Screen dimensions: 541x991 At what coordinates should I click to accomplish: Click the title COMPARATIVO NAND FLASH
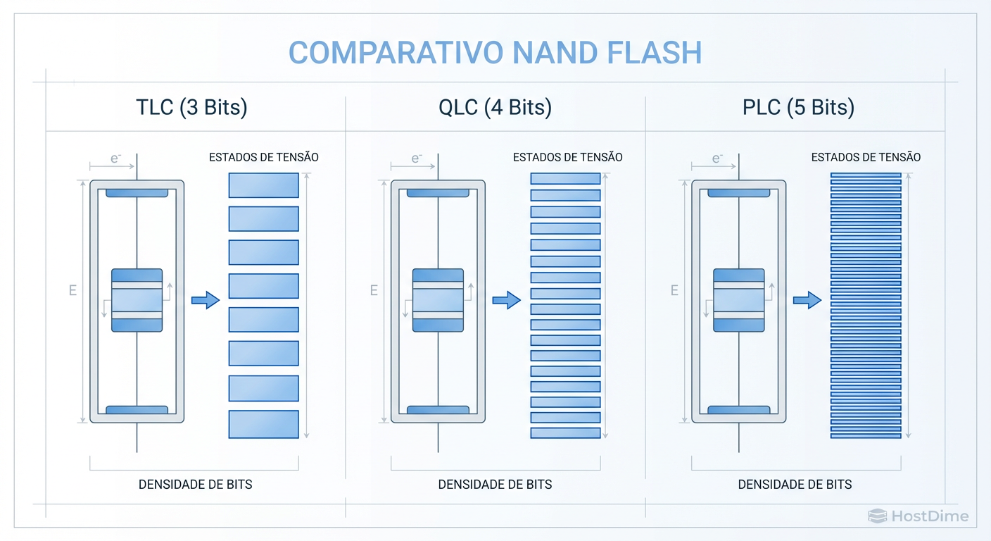(495, 53)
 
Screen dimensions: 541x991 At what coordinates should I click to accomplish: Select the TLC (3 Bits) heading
(191, 107)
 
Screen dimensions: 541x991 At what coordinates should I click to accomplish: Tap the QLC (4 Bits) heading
(495, 107)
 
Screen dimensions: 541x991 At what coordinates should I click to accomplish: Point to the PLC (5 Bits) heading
(798, 107)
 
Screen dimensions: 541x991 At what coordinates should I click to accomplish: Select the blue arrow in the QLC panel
(506, 301)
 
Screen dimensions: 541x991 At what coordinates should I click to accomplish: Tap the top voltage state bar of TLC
(264, 185)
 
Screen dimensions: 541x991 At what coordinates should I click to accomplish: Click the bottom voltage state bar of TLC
(264, 424)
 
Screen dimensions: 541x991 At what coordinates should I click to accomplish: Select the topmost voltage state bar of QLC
(565, 179)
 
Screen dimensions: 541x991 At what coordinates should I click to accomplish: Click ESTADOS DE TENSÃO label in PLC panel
(866, 157)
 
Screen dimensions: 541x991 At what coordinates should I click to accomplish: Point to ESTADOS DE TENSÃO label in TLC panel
(264, 157)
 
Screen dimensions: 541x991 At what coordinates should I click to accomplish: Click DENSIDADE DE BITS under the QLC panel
(495, 485)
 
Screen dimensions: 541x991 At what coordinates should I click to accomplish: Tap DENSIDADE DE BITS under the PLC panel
(795, 485)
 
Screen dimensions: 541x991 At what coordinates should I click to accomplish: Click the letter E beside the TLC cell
(72, 290)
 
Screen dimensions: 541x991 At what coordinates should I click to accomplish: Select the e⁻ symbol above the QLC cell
(417, 159)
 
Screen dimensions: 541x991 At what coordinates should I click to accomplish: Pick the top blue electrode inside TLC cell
(137, 192)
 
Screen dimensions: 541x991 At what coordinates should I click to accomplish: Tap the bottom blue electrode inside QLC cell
(438, 409)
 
